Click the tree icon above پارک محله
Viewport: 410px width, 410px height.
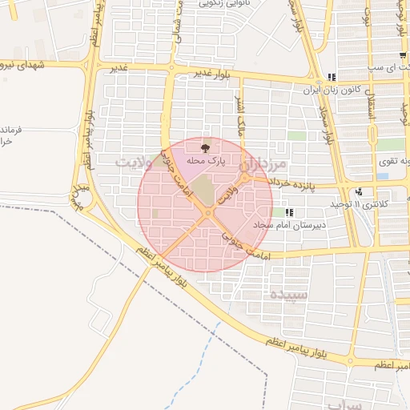pos(206,146)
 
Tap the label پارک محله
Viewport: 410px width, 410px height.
pos(207,161)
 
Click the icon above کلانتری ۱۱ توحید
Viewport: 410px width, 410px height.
pos(359,191)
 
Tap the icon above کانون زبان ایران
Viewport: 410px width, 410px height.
pos(331,78)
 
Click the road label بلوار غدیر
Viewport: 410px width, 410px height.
pos(211,73)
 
